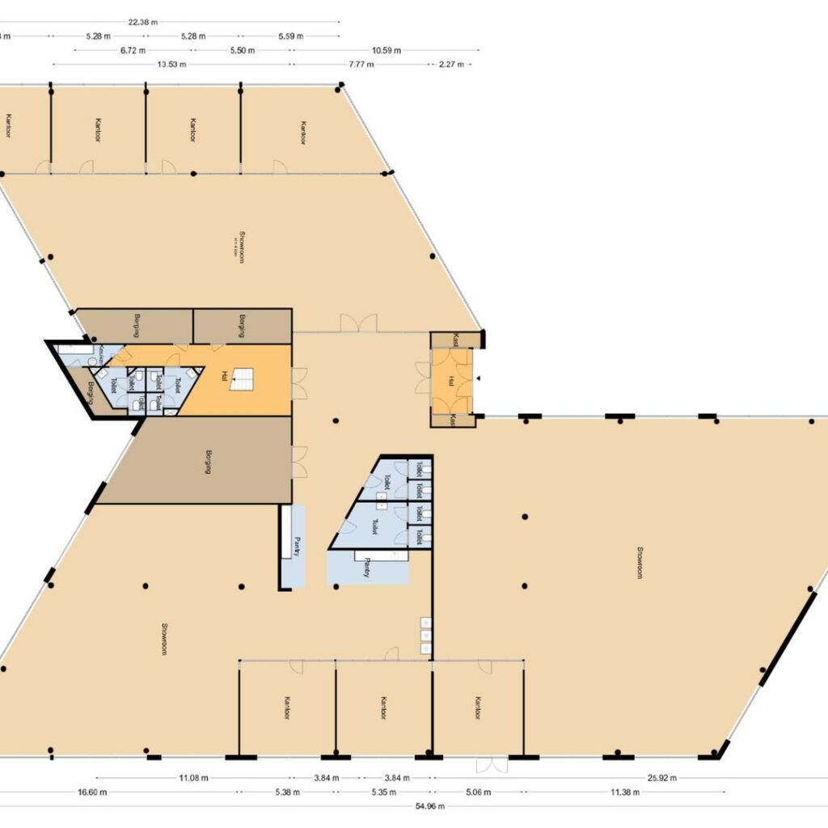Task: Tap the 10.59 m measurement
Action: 387,49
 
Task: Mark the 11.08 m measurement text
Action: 193,778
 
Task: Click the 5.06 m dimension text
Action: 478,792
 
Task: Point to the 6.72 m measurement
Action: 133,49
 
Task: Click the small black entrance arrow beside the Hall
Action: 478,378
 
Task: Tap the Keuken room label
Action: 103,353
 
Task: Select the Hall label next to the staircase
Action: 224,376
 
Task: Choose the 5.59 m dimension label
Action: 290,36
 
